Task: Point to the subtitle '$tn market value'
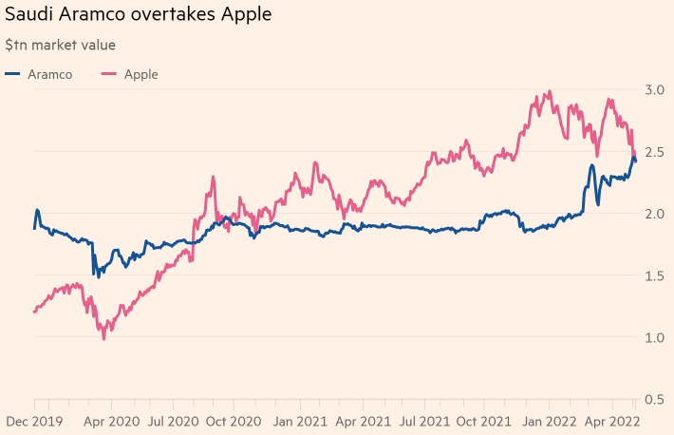click(x=61, y=45)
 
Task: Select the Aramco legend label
click(x=50, y=74)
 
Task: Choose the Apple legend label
click(x=141, y=74)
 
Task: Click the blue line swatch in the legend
click(x=13, y=74)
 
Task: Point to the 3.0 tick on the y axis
click(x=655, y=89)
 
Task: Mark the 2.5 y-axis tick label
click(x=655, y=152)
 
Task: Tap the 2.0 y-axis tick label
click(x=655, y=214)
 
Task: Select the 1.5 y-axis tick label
click(x=655, y=275)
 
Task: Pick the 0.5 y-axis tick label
click(x=655, y=400)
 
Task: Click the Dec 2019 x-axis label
click(x=34, y=419)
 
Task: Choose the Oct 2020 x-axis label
click(x=234, y=419)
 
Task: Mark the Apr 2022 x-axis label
click(x=609, y=419)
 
